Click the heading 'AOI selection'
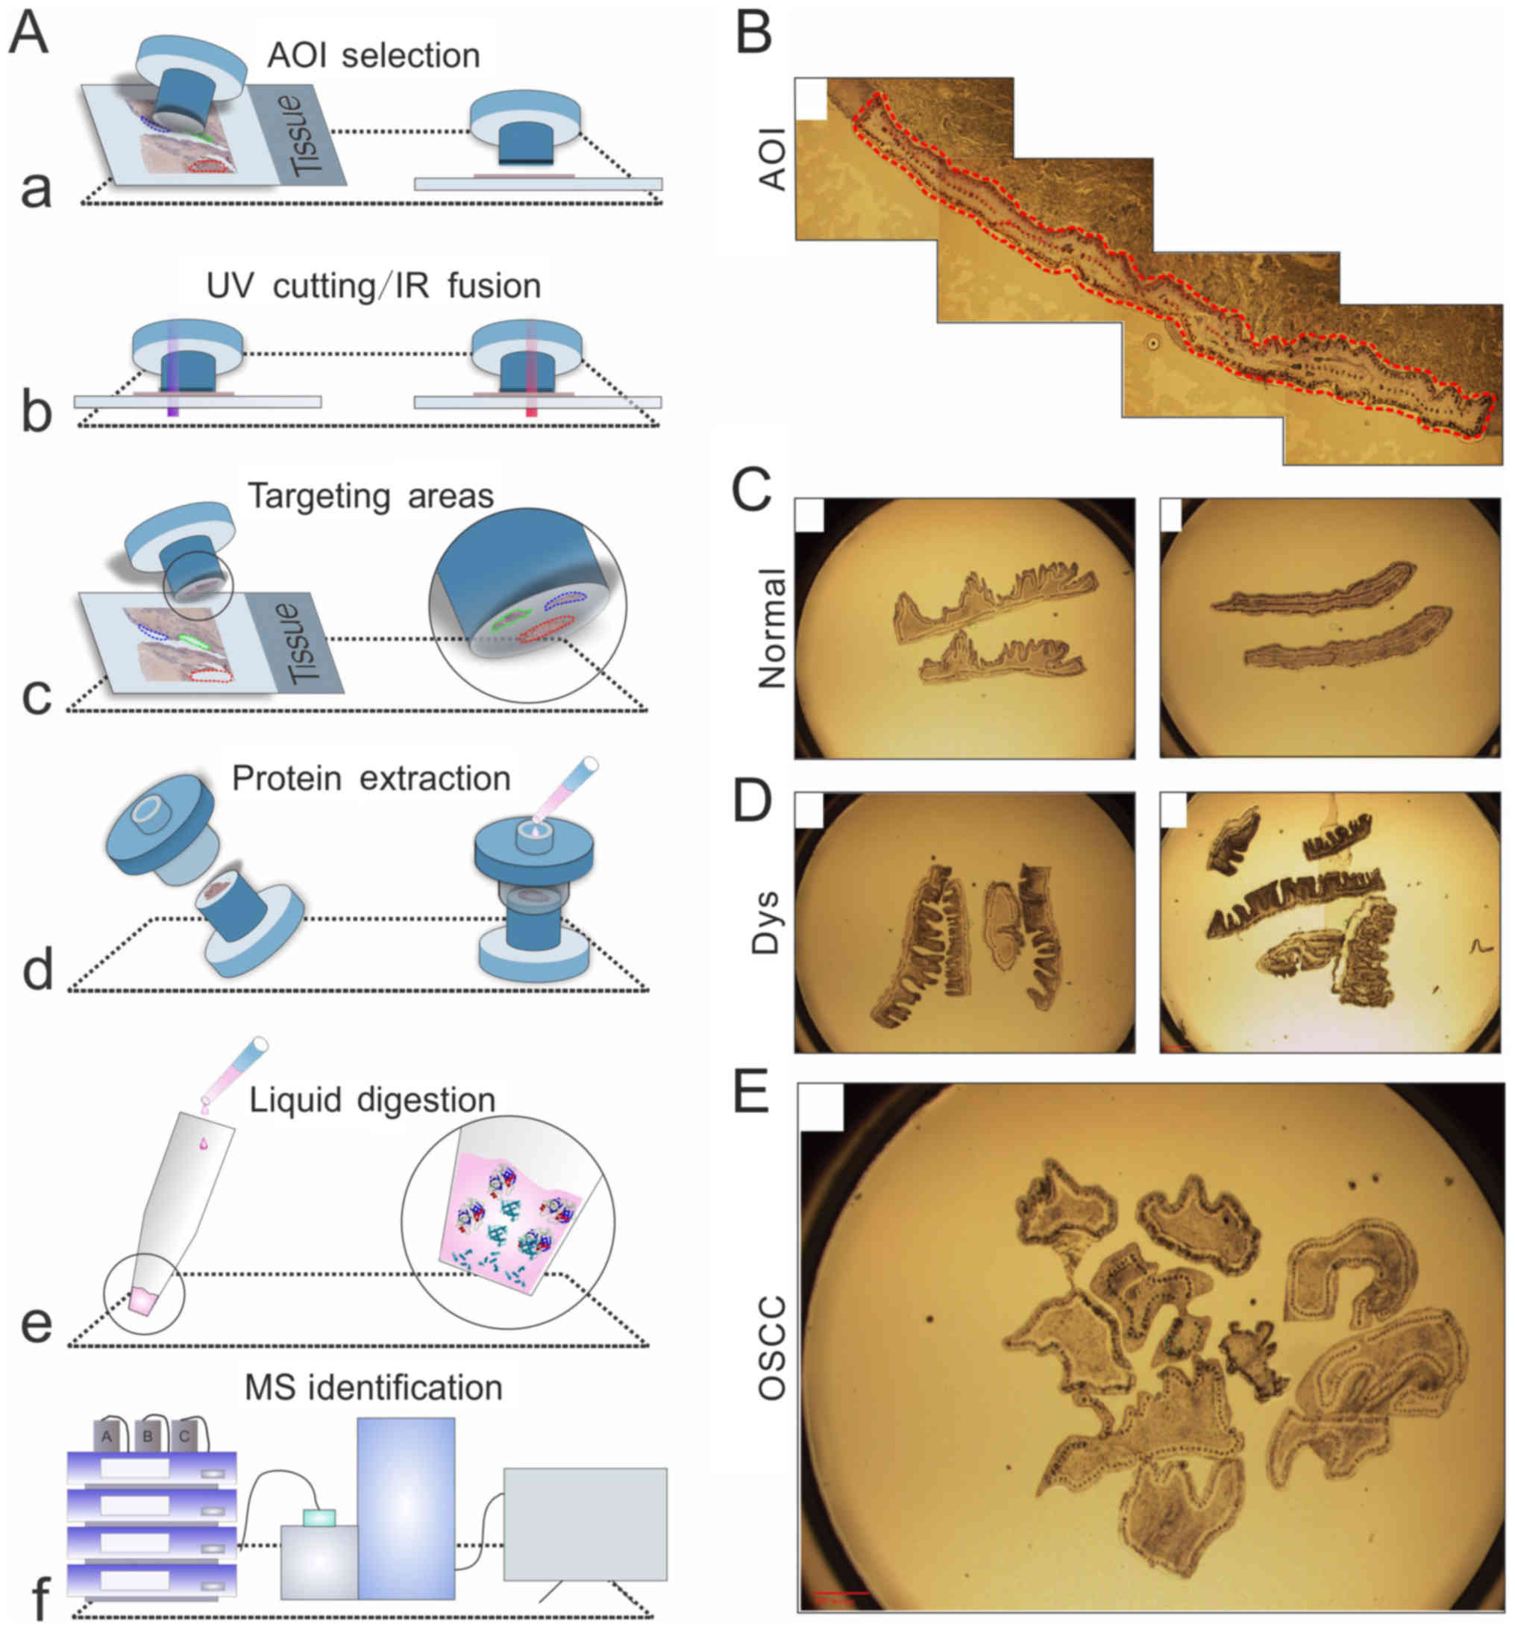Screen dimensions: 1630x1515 pos(373,56)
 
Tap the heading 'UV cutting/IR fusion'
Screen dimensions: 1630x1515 pos(373,286)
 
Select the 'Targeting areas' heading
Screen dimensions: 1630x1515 pos(371,496)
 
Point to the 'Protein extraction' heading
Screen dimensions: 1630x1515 pos(371,778)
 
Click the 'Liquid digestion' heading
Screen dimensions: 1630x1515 pos(372,1100)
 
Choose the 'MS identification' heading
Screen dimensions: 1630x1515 pos(373,1388)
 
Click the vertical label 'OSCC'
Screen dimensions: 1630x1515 pos(771,1349)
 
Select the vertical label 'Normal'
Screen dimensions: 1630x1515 pos(771,628)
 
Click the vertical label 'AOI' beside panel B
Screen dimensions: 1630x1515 pos(773,159)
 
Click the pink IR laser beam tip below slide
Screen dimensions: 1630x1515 pos(531,412)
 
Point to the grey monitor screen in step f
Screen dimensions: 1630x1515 pos(585,1523)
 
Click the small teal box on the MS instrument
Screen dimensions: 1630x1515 pos(320,1517)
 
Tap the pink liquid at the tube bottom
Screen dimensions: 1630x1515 pos(142,1302)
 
